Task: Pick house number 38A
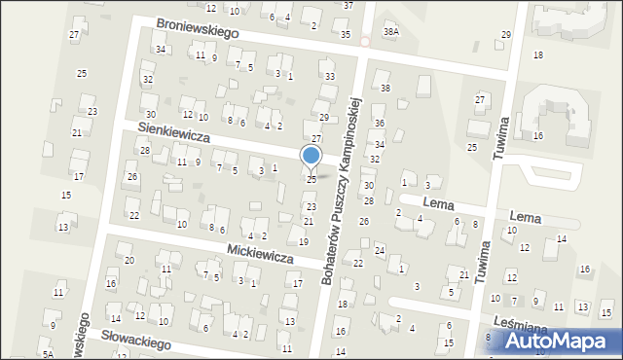coord(390,31)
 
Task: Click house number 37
coord(348,5)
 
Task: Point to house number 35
coord(346,34)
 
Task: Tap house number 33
coord(330,76)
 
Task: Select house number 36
coord(380,124)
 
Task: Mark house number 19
coord(304,241)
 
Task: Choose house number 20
coord(129,260)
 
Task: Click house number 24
coord(380,251)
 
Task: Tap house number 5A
coord(48,355)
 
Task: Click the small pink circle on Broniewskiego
coord(365,42)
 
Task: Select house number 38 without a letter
coord(385,89)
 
